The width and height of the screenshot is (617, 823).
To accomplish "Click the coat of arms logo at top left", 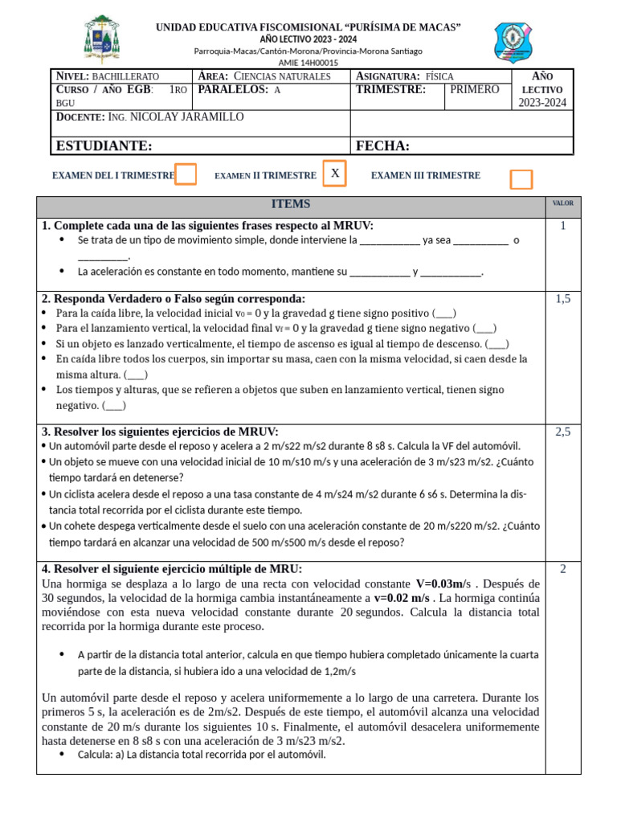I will (105, 39).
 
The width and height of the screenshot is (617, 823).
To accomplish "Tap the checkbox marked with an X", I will (335, 174).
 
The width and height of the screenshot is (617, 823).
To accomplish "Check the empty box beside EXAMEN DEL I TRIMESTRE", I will (186, 174).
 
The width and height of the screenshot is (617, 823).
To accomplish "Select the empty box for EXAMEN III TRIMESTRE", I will (521, 179).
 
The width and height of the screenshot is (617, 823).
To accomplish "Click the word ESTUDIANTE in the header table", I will (104, 145).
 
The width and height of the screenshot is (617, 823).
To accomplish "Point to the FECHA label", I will (382, 145).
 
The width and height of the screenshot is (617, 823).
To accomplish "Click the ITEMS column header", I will (291, 204).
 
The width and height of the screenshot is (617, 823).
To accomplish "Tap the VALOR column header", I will (562, 204).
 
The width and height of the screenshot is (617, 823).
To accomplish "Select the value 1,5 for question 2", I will (562, 299).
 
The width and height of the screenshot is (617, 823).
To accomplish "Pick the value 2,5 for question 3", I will (562, 432).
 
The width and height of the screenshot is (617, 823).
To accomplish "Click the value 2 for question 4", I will (563, 569).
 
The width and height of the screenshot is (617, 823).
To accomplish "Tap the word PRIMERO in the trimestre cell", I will (474, 89).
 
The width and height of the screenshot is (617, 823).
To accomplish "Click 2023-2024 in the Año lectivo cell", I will (542, 102).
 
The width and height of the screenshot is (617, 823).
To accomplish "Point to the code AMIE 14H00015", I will (308, 62).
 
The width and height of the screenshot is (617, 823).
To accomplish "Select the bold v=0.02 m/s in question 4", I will (401, 598).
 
